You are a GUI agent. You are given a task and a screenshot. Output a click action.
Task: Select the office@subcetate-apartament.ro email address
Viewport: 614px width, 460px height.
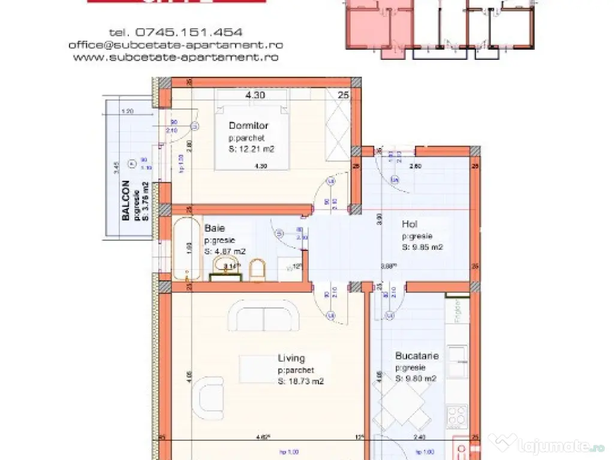176,45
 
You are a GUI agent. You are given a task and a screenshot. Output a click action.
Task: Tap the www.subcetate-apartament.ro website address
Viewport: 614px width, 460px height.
176,57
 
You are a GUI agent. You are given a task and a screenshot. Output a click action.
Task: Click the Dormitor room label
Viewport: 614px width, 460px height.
248,126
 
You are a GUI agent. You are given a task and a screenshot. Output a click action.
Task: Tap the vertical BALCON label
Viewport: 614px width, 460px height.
126,201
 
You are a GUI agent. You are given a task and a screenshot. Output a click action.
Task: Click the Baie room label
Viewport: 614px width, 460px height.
215,228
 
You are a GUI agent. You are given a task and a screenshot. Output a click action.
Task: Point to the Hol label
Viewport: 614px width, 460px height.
410,225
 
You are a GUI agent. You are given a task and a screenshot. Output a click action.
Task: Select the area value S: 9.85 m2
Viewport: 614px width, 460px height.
422,246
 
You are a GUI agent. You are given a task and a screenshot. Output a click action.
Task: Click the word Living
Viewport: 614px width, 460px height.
291,359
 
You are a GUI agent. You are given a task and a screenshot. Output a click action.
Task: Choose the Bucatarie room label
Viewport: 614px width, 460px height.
417,356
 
